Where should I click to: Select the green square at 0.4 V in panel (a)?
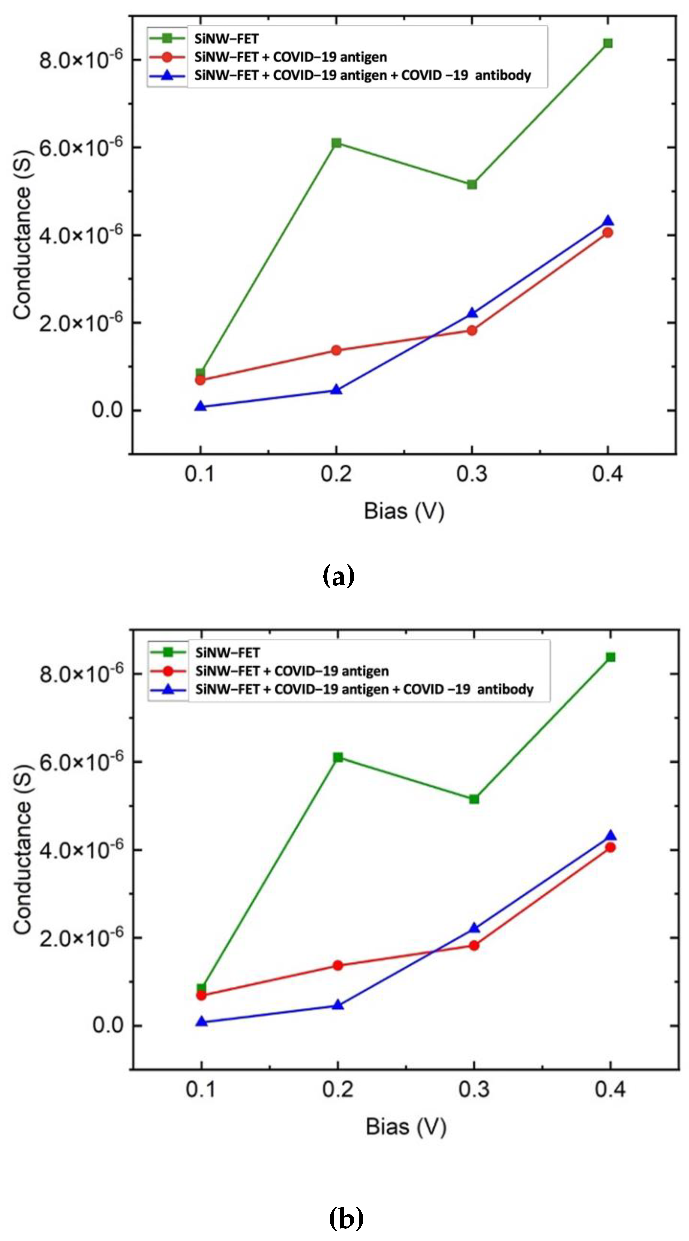[608, 43]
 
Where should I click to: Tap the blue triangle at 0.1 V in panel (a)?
[200, 406]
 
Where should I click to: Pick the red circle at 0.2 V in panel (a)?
[336, 350]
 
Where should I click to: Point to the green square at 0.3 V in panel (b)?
[474, 799]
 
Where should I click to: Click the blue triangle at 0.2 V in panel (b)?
[338, 1005]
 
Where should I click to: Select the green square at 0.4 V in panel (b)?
[610, 657]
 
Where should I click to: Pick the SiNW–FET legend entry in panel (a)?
[226, 38]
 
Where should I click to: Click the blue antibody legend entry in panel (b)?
[364, 689]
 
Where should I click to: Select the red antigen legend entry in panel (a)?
[290, 57]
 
